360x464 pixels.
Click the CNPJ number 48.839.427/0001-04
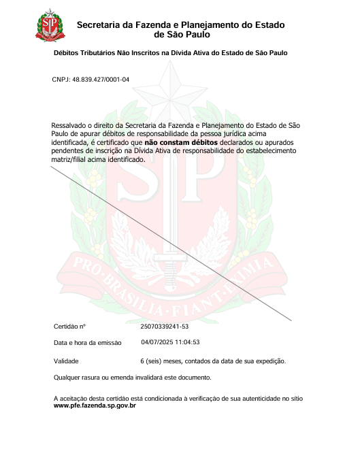pos(102,80)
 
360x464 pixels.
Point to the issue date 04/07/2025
pos(157,342)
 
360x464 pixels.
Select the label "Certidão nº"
pos(69,327)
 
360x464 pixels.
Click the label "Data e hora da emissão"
pos(87,343)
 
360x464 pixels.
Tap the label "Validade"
pos(67,361)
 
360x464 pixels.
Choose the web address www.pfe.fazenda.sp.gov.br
pos(95,405)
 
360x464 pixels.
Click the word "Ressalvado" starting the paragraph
pos(69,126)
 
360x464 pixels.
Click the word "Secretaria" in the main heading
pos(102,25)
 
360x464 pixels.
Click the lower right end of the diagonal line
pos(292,320)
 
